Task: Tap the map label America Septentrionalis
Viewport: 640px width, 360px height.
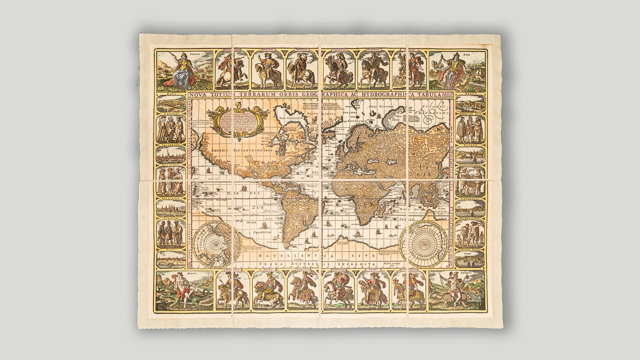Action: [242, 151]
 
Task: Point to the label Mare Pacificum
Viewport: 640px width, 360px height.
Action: [258, 227]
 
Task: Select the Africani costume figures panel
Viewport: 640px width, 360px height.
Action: [171, 233]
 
